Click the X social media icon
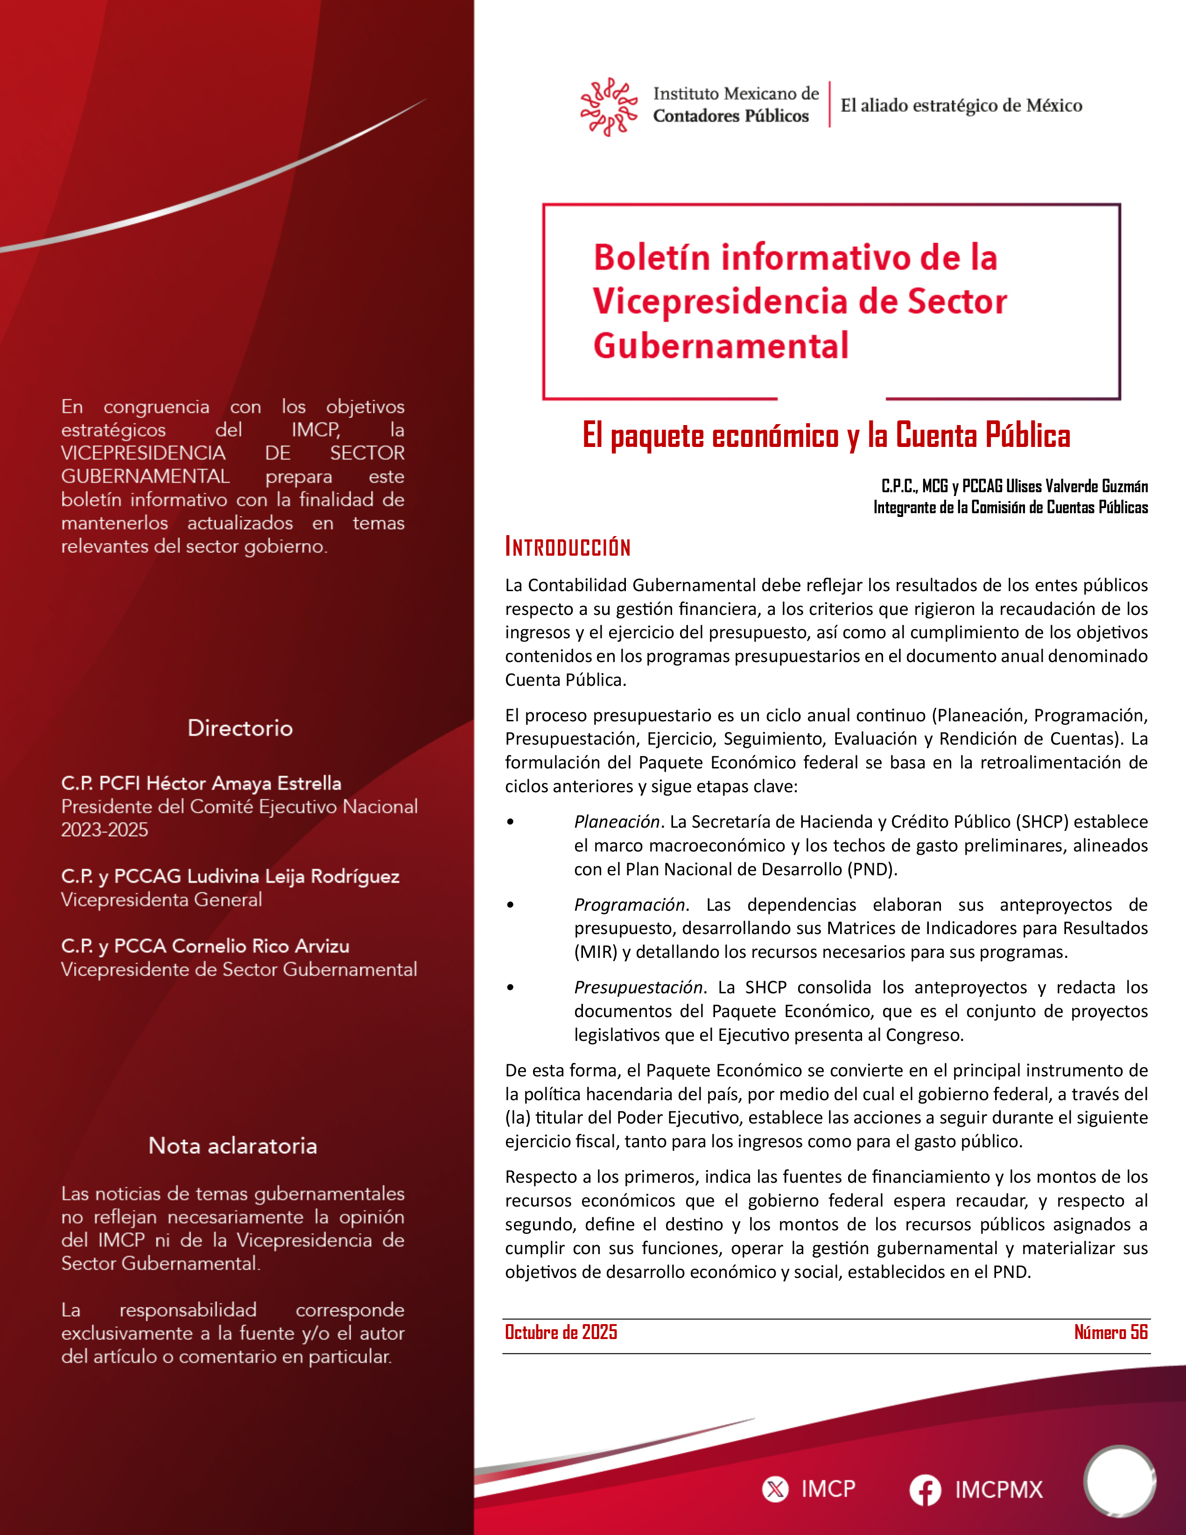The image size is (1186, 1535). tap(775, 1489)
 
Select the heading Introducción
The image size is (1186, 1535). tap(568, 547)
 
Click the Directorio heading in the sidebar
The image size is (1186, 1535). tap(240, 727)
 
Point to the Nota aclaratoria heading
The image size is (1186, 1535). tap(233, 1145)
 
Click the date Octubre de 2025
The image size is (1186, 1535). tap(561, 1332)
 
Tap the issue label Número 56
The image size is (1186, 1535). tap(1111, 1332)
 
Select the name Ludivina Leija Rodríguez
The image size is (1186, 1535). tap(293, 876)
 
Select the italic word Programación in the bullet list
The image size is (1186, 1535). tap(629, 905)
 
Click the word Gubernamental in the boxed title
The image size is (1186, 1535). tap(721, 346)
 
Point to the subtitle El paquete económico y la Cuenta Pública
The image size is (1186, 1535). tap(826, 436)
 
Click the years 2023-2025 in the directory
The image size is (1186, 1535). tap(105, 830)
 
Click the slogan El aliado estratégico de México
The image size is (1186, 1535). tap(961, 105)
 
